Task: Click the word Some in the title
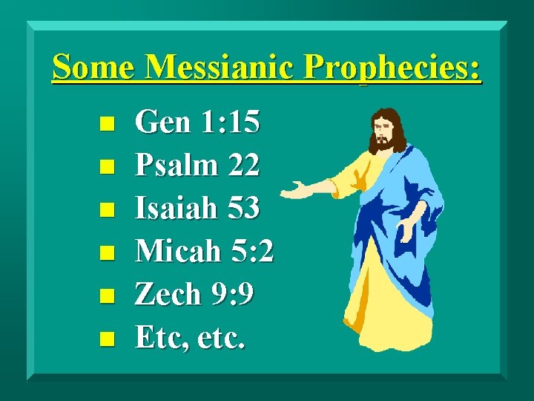tap(94, 68)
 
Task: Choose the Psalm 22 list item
tap(197, 166)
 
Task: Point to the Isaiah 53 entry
tap(197, 209)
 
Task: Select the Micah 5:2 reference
tap(204, 252)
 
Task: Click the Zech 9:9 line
tap(194, 295)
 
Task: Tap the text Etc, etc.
tap(190, 338)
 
